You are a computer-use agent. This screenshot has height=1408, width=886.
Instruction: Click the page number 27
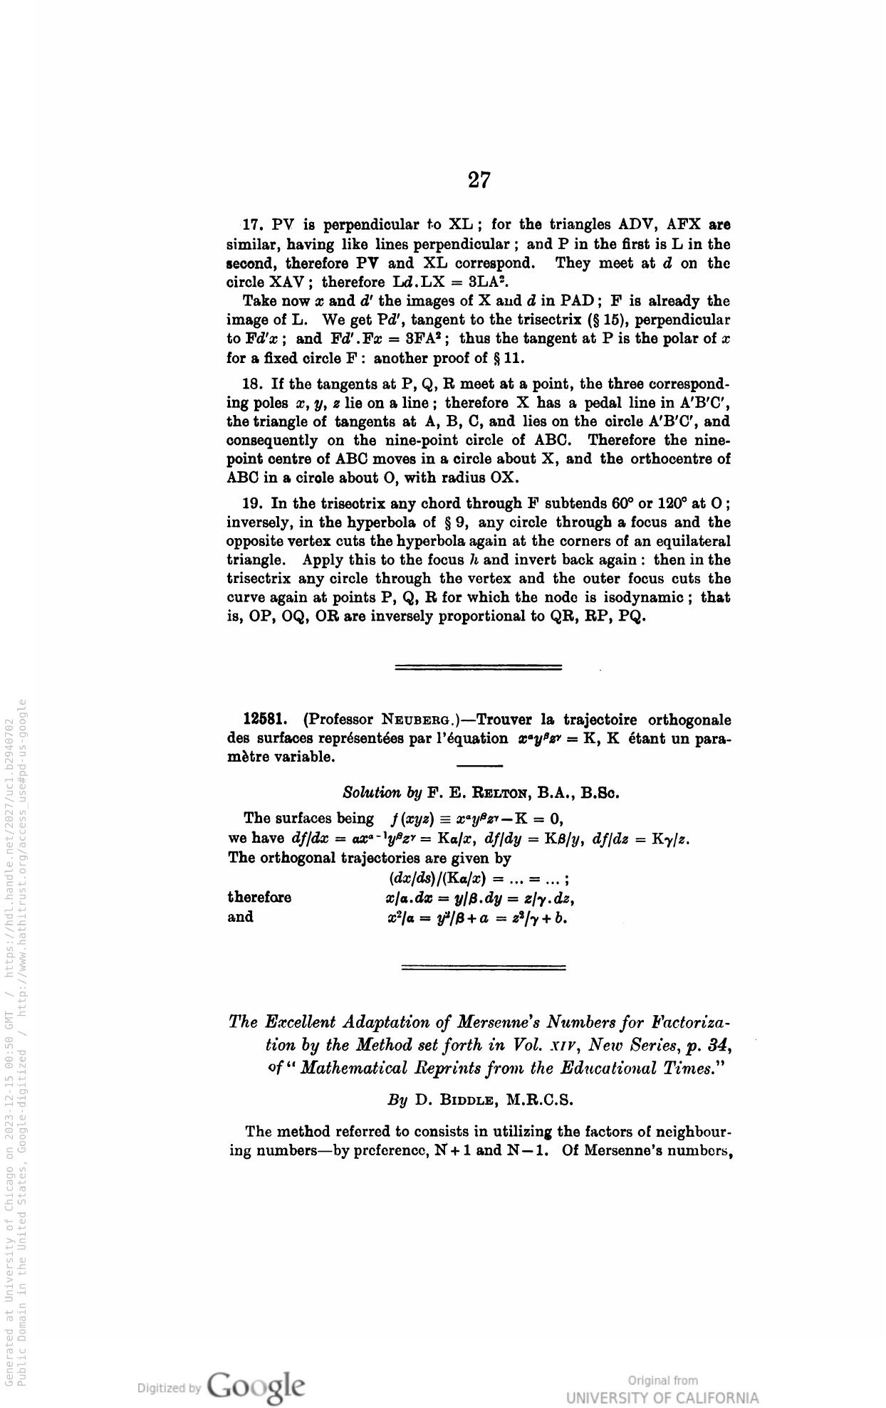point(479,180)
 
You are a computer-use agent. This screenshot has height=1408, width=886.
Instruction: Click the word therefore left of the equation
point(259,897)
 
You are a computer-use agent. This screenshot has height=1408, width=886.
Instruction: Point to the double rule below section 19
point(478,668)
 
